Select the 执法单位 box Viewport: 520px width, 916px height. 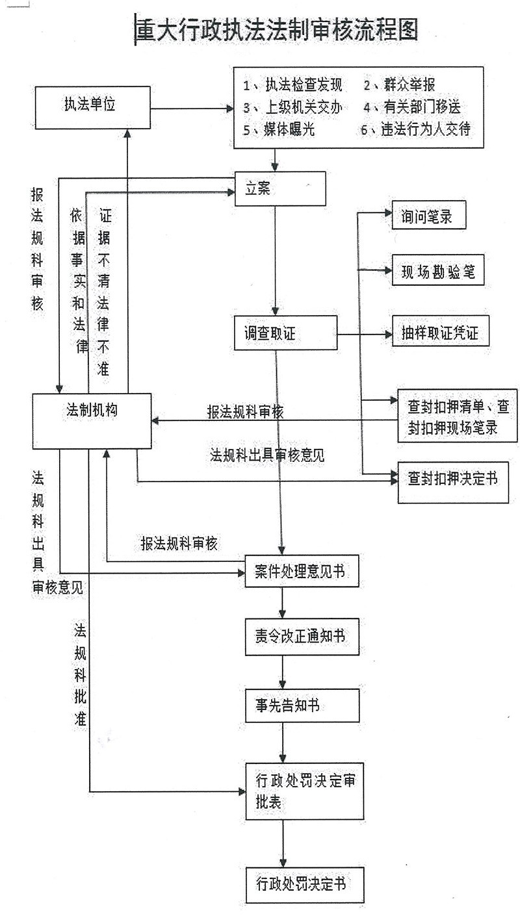coord(82,107)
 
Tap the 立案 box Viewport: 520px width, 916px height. coord(279,188)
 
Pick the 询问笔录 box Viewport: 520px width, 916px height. coord(430,218)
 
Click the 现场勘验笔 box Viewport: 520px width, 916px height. coord(437,273)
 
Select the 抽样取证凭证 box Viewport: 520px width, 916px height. coord(440,333)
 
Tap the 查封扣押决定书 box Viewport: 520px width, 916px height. coord(453,481)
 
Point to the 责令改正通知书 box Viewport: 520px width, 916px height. coord(302,636)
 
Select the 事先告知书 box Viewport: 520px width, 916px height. coord(302,705)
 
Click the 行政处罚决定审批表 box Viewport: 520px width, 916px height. coord(304,791)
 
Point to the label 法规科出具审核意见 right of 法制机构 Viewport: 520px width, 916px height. coord(267,455)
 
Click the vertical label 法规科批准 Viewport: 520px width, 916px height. coord(81,676)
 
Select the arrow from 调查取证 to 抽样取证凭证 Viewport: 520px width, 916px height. coord(364,335)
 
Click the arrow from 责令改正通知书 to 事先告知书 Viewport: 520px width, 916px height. coord(282,672)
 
